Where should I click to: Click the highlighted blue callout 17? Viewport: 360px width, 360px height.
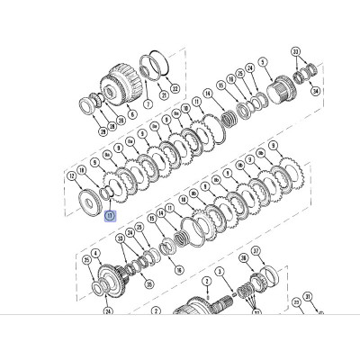coord(109,216)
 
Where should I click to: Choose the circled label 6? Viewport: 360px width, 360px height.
coord(132,115)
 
